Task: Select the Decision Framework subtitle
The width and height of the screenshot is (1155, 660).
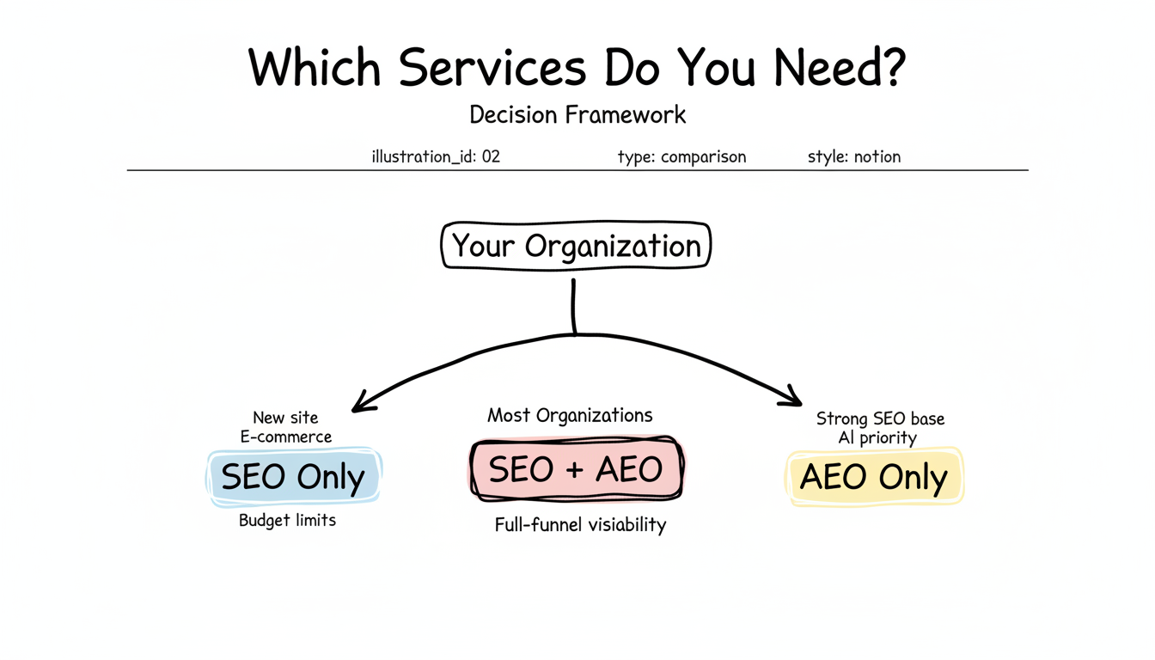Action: (x=577, y=114)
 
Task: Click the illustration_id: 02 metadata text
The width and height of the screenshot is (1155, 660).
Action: (x=436, y=157)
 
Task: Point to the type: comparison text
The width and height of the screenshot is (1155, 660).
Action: (x=681, y=157)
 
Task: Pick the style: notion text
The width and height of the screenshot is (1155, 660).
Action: (x=854, y=157)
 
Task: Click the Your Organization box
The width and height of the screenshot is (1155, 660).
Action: (x=576, y=247)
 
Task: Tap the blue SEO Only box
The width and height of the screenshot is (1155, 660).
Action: (x=293, y=477)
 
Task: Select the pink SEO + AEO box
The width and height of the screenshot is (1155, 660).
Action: (x=576, y=470)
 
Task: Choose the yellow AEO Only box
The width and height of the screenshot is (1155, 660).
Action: (x=874, y=477)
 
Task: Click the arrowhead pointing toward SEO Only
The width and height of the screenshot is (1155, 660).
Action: (x=364, y=401)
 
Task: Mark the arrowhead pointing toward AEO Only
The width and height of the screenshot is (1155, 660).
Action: (x=791, y=398)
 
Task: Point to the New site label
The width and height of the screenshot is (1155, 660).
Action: (x=285, y=419)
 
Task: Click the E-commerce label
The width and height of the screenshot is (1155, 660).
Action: (x=286, y=437)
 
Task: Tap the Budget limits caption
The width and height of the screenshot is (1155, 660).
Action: (x=287, y=521)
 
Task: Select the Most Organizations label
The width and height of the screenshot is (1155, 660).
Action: (x=570, y=416)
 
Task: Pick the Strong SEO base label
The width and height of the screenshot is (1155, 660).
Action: (x=880, y=419)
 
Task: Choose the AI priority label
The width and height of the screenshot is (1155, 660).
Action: (x=877, y=438)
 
